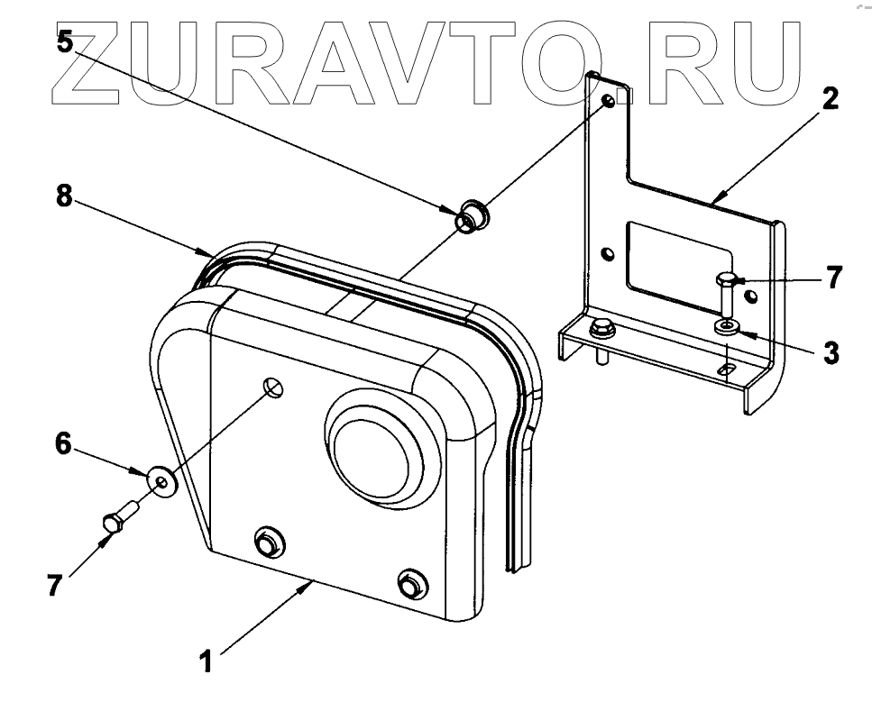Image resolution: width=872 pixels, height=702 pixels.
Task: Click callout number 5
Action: tap(64, 41)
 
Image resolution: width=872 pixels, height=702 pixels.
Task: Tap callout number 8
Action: tap(63, 196)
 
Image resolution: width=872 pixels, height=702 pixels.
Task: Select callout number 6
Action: tap(63, 443)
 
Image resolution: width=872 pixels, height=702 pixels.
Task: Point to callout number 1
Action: tap(207, 662)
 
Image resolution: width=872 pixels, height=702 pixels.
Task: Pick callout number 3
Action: tap(831, 352)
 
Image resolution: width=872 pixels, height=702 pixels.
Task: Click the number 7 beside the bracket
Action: tap(834, 278)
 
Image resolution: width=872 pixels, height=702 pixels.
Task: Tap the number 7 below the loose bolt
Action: tap(55, 586)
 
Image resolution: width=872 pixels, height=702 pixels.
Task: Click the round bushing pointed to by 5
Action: tap(472, 216)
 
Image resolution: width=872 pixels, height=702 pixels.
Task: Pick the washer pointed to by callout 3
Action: tap(727, 326)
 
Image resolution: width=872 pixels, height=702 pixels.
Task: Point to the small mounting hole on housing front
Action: tap(274, 388)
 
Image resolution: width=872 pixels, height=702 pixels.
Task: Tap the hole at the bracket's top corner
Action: tap(610, 101)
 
